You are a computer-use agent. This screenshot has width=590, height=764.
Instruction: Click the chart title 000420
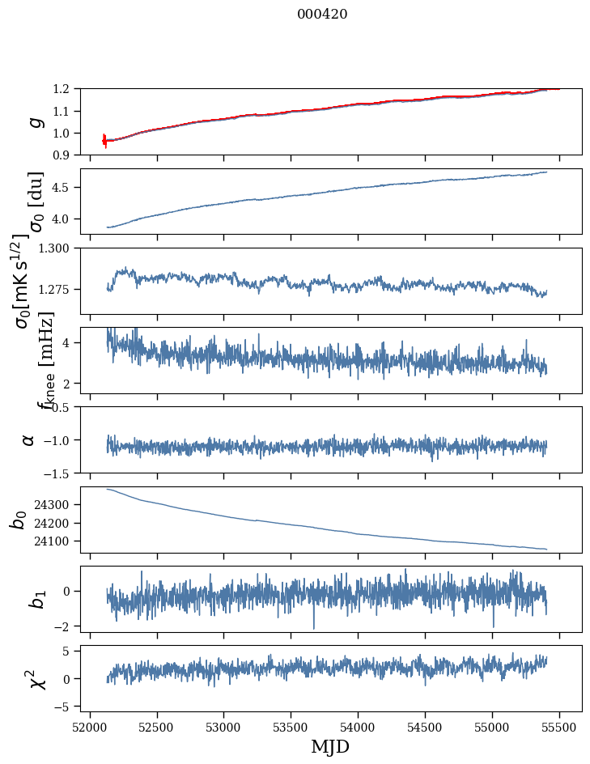point(322,14)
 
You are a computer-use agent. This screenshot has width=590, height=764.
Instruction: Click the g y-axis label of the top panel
point(34,121)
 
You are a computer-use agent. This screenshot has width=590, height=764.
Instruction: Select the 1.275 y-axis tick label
point(60,289)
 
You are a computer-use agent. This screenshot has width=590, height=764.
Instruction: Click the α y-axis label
point(29,439)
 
